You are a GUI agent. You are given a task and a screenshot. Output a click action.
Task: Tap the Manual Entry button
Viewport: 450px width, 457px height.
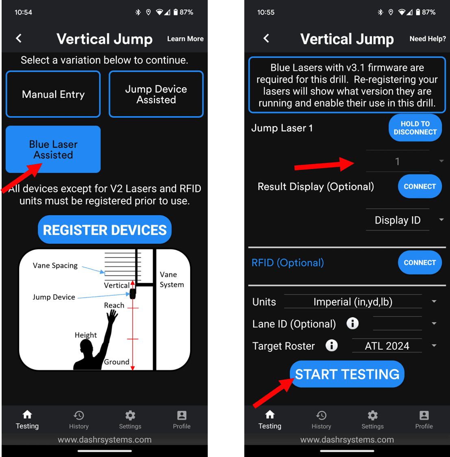click(53, 94)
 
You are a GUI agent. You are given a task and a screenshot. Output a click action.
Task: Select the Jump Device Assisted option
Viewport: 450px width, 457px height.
click(156, 94)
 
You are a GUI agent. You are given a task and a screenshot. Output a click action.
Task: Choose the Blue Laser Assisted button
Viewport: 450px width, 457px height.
click(53, 149)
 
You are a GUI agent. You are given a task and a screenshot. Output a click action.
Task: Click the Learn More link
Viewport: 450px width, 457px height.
click(185, 39)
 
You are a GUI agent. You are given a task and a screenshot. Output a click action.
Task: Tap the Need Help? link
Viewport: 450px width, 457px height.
click(427, 39)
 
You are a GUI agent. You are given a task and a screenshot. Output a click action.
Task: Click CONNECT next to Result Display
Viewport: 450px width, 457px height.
click(420, 186)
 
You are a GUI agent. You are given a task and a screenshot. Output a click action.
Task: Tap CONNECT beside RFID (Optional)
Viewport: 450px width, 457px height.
click(420, 263)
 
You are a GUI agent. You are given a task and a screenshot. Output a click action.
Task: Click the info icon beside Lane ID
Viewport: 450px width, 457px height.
click(352, 323)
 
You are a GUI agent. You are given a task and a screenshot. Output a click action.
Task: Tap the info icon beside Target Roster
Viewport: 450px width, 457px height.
click(332, 346)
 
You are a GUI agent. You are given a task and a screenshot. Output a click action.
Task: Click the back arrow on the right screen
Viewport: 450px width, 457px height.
click(266, 39)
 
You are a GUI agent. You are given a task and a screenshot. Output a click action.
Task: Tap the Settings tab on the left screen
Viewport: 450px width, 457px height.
click(130, 420)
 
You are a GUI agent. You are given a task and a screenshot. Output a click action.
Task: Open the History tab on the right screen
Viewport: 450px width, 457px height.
click(321, 420)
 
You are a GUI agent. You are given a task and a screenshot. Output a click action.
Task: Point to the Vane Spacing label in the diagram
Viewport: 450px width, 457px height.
click(55, 266)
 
